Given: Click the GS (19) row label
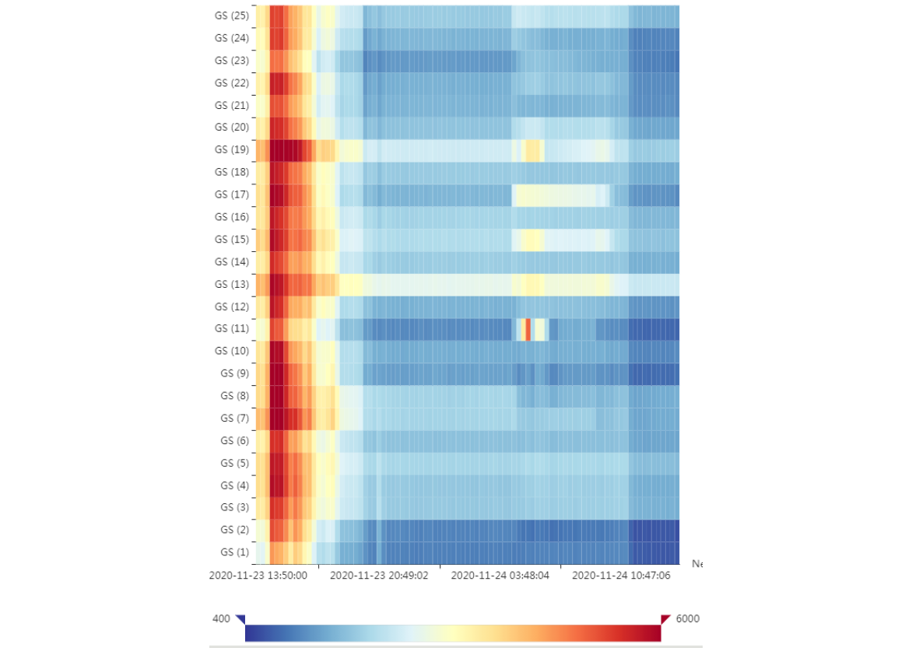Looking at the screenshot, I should (x=231, y=149).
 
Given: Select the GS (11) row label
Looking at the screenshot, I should (x=231, y=329).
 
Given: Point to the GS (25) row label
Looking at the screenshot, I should (x=231, y=16).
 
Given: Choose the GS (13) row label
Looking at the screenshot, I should (x=231, y=284).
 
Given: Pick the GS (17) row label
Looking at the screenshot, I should (x=231, y=194).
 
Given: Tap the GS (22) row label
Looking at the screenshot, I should (x=231, y=83).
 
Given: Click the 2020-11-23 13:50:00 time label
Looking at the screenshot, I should (x=258, y=576).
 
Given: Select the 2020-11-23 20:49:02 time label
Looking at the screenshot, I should (x=379, y=576).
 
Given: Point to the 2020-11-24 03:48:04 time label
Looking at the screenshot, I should (x=500, y=576).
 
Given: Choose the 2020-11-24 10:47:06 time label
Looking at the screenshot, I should (x=621, y=576).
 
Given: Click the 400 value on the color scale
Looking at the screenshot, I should (x=221, y=619).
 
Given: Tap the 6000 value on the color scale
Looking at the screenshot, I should (x=687, y=619).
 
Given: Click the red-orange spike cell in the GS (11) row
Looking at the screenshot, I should (x=528, y=329).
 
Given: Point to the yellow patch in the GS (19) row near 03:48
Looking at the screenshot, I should (x=532, y=150).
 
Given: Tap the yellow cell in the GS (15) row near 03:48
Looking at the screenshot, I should (x=532, y=240).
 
